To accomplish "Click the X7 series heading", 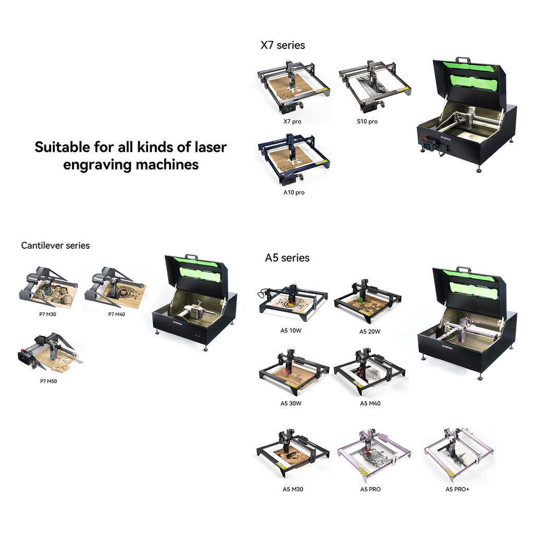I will (283, 45).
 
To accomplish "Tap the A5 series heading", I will (287, 258).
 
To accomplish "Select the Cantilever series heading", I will (55, 245).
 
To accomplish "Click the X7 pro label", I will (292, 122).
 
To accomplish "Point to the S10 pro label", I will (367, 122).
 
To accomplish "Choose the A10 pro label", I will (294, 192).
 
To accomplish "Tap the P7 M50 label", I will (48, 381).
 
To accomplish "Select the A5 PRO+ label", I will (457, 489).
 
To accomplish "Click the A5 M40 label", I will (370, 403).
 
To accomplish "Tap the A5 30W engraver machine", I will (294, 371).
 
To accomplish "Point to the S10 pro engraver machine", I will (373, 86).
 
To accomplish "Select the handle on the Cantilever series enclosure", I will (191, 257).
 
